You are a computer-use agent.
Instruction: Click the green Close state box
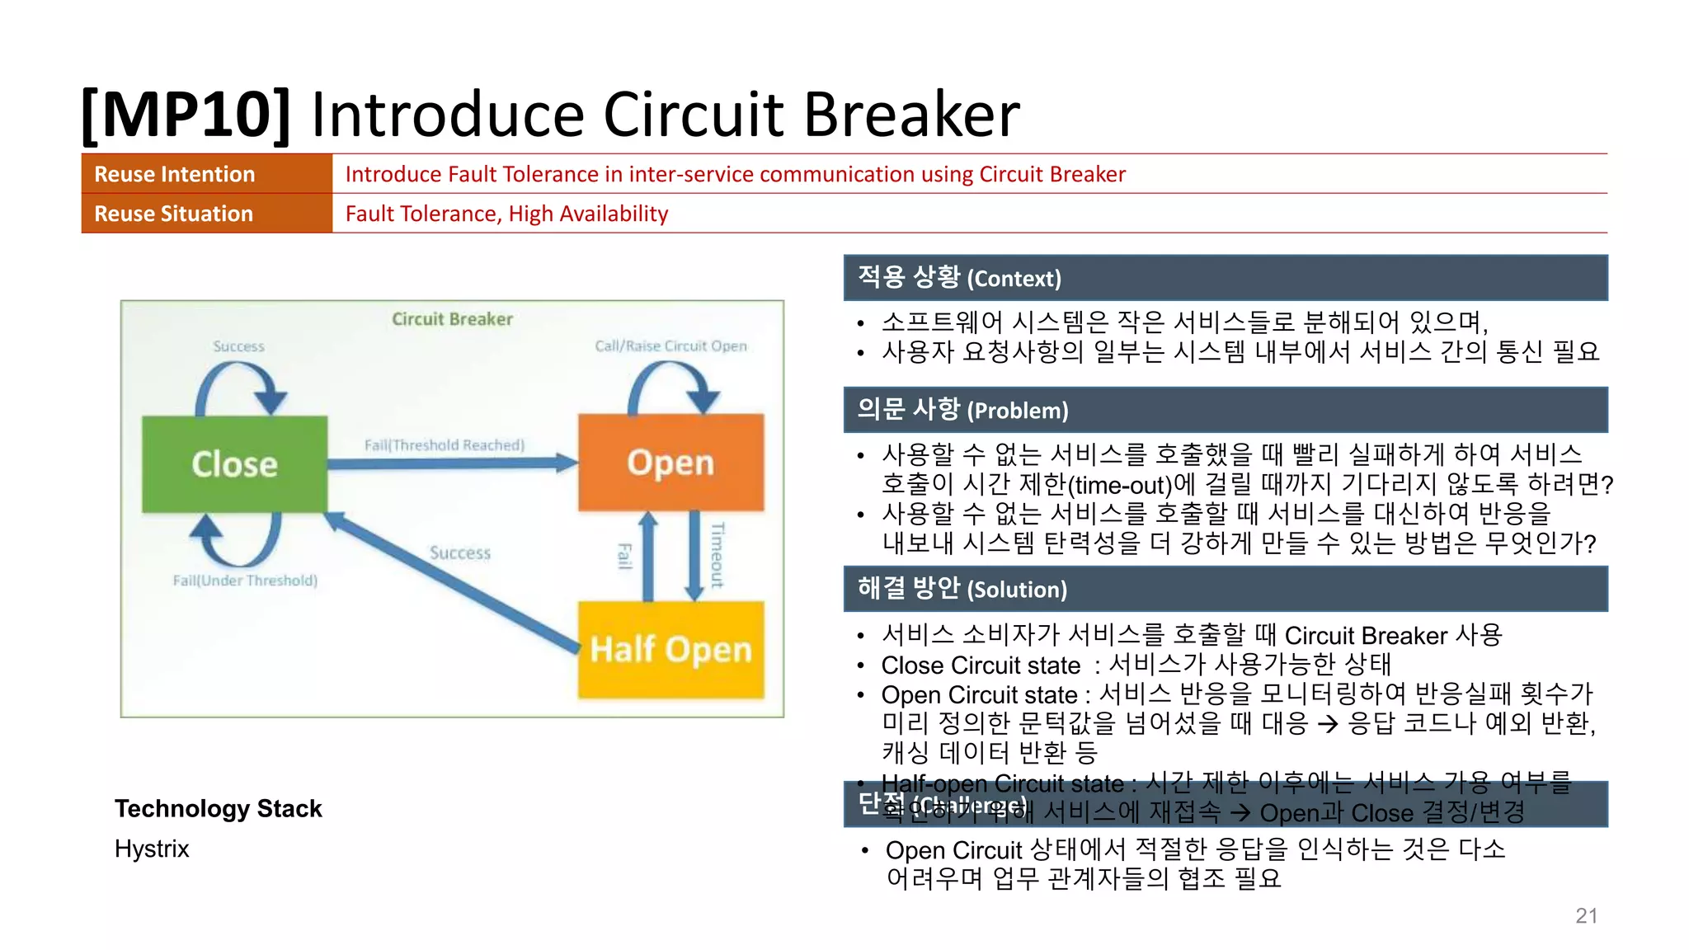(x=234, y=463)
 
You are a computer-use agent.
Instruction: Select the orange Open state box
(x=670, y=462)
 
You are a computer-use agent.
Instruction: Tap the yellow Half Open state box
(x=670, y=650)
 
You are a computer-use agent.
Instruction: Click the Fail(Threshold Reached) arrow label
(x=445, y=445)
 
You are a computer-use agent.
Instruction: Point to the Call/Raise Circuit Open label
(x=670, y=346)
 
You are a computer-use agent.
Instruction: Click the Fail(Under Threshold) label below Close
(x=245, y=581)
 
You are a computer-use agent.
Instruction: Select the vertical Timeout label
(x=717, y=555)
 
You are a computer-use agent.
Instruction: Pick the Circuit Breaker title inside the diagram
(x=452, y=319)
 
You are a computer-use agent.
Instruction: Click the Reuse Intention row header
(x=175, y=174)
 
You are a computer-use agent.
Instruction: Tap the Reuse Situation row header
(x=174, y=214)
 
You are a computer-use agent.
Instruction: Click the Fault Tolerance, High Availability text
(x=506, y=214)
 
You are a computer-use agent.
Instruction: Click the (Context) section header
(x=1014, y=278)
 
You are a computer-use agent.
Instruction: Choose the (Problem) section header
(x=1017, y=410)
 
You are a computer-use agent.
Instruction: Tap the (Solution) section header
(x=1017, y=589)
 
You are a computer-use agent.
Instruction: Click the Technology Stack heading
(x=219, y=808)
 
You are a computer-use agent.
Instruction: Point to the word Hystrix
(x=152, y=849)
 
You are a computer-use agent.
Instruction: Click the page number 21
(x=1586, y=915)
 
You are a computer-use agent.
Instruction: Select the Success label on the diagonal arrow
(x=460, y=553)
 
